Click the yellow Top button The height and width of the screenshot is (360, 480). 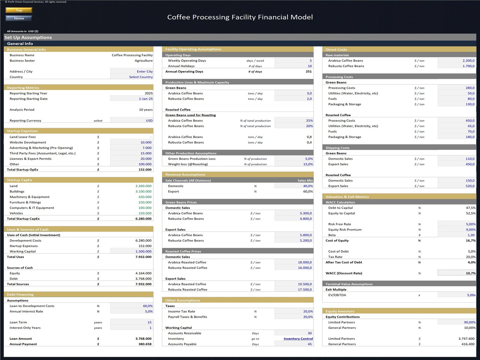pyautogui.click(x=19, y=10)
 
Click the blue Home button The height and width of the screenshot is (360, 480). pyautogui.click(x=19, y=18)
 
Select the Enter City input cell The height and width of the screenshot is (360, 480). pyautogui.click(x=145, y=71)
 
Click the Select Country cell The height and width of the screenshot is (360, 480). pyautogui.click(x=141, y=77)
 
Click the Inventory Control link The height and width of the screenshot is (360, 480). pyautogui.click(x=298, y=339)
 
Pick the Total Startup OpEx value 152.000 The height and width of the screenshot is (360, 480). pyautogui.click(x=145, y=169)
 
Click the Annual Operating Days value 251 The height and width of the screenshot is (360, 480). pyautogui.click(x=308, y=71)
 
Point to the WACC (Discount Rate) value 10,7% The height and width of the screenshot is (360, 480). pyautogui.click(x=470, y=273)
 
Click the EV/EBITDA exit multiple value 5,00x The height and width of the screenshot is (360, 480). pyautogui.click(x=471, y=295)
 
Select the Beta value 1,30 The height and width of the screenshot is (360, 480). pyautogui.click(x=471, y=235)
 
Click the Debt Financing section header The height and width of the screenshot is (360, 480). pyautogui.click(x=20, y=295)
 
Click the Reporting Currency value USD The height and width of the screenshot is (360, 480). pyautogui.click(x=149, y=121)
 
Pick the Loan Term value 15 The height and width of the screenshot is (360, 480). pyautogui.click(x=149, y=322)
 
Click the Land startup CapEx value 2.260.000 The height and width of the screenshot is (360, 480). pyautogui.click(x=143, y=186)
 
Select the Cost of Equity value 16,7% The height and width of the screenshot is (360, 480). pyautogui.click(x=470, y=241)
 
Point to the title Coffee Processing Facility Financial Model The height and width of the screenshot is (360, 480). pyautogui.click(x=240, y=17)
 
